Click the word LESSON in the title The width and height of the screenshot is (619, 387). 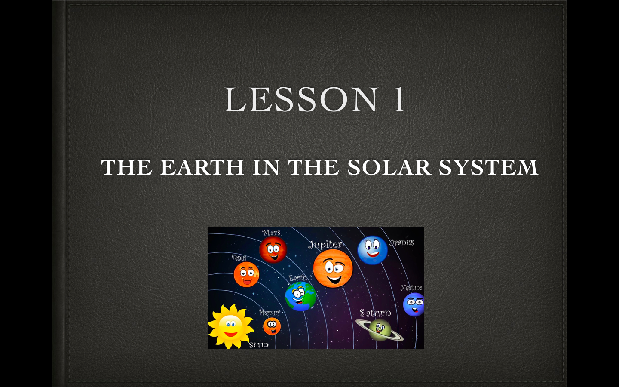pyautogui.click(x=301, y=100)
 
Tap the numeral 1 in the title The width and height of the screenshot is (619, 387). pyautogui.click(x=399, y=100)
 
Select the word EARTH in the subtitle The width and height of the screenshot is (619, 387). pyautogui.click(x=202, y=167)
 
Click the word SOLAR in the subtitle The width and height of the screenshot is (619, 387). pyautogui.click(x=389, y=167)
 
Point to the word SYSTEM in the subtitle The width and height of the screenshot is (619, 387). pyautogui.click(x=488, y=167)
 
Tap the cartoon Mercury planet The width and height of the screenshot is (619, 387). pyautogui.click(x=272, y=326)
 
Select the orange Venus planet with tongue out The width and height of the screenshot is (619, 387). pyautogui.click(x=246, y=274)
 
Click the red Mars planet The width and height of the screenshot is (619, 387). pyautogui.click(x=273, y=249)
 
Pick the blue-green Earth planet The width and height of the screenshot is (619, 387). pyautogui.click(x=300, y=296)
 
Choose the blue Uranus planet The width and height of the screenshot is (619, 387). pyautogui.click(x=372, y=250)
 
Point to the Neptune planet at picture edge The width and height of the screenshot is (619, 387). pyautogui.click(x=414, y=304)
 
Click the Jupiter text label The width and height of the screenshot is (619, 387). pyautogui.click(x=325, y=245)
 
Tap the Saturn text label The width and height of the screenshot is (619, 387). pyautogui.click(x=375, y=313)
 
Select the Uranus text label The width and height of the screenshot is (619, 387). pyautogui.click(x=401, y=243)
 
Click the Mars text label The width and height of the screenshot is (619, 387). pyautogui.click(x=271, y=233)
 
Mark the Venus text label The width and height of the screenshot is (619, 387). pyautogui.click(x=239, y=258)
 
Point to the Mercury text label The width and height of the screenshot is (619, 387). pyautogui.click(x=270, y=313)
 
